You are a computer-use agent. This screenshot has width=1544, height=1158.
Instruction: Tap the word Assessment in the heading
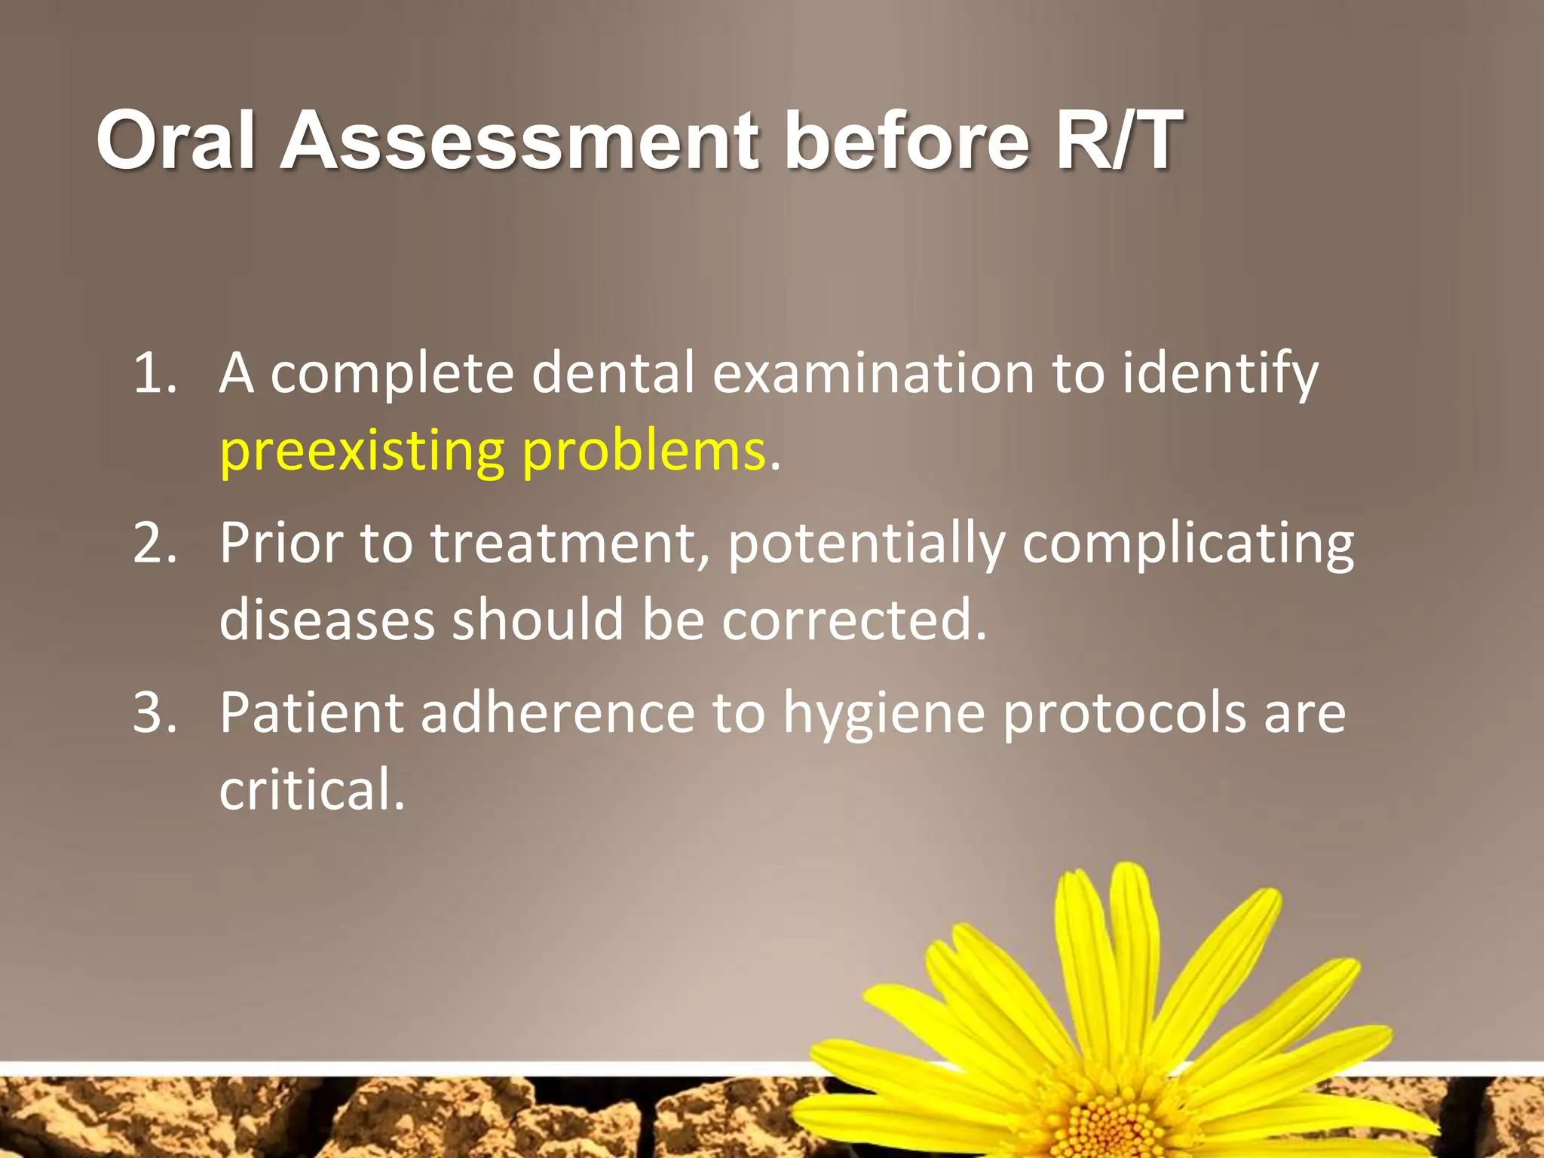519,140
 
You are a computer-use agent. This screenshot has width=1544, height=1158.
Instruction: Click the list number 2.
155,543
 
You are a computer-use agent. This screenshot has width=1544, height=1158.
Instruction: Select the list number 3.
155,712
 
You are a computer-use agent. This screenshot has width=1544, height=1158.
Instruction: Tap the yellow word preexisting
361,452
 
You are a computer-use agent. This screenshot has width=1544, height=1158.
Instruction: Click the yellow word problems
644,452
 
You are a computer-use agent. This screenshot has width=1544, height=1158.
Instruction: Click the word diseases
327,620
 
